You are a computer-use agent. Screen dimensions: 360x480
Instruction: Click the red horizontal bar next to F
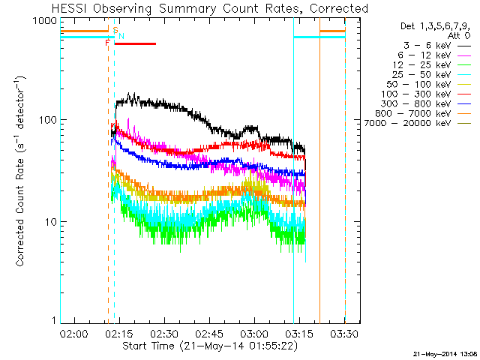[x=135, y=43]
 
